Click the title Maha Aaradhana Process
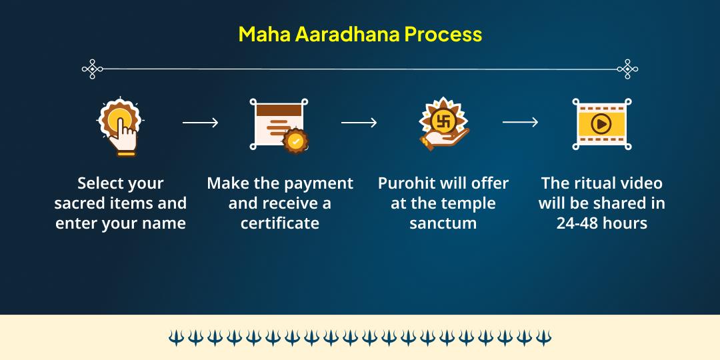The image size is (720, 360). (360, 35)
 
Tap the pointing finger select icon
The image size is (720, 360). (120, 127)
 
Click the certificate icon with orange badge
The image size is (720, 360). (279, 125)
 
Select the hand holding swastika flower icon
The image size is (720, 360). (443, 124)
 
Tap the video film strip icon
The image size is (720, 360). (601, 123)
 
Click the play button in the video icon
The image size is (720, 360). (601, 123)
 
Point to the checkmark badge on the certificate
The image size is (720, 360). (295, 141)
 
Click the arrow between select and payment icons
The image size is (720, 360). (200, 123)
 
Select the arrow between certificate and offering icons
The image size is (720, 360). (359, 123)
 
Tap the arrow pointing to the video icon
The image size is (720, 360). (520, 122)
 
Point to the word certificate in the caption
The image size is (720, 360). (279, 223)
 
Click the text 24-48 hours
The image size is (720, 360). (601, 223)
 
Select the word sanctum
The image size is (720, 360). (443, 223)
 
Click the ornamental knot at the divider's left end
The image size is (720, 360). (92, 69)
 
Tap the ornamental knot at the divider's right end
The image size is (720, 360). (627, 69)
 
